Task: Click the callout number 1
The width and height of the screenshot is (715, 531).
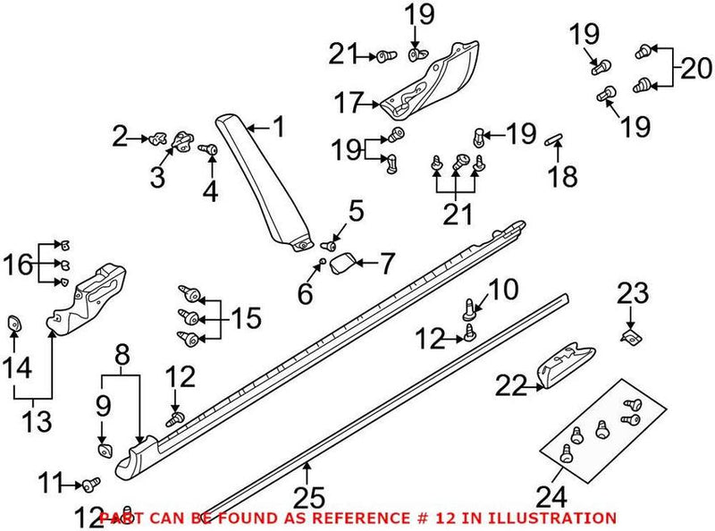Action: [x=279, y=127]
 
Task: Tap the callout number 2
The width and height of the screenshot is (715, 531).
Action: [x=121, y=137]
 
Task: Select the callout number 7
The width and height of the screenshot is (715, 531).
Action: [x=386, y=264]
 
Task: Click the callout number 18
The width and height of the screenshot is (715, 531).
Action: [x=563, y=176]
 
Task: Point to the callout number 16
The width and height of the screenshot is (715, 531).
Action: [x=20, y=265]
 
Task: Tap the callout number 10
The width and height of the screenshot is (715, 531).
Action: [x=503, y=290]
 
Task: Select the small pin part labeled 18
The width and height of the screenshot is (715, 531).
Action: [x=551, y=139]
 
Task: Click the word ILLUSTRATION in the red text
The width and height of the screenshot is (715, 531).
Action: [x=559, y=518]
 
